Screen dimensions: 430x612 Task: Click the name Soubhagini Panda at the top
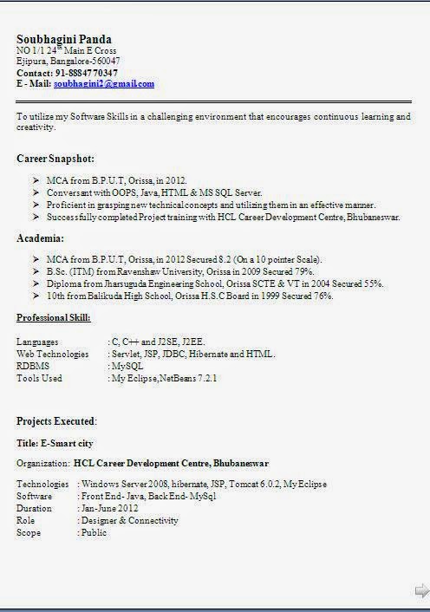click(x=64, y=40)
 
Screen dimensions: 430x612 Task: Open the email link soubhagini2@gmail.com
click(x=103, y=84)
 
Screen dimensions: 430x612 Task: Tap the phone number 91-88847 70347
click(x=87, y=73)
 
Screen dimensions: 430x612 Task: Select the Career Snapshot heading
click(x=55, y=159)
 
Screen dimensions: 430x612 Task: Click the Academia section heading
click(x=40, y=238)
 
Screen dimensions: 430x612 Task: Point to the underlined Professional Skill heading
click(x=53, y=319)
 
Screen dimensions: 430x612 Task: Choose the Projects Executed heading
click(x=56, y=421)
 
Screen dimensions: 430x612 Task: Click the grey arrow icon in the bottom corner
click(x=421, y=591)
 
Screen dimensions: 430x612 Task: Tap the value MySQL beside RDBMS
click(x=127, y=366)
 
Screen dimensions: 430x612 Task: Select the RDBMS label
click(x=33, y=366)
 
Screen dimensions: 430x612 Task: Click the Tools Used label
click(x=39, y=378)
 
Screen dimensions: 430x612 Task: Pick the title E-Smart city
click(x=59, y=442)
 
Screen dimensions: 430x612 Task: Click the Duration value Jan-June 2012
click(x=109, y=508)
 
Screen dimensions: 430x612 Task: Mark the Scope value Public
click(x=94, y=532)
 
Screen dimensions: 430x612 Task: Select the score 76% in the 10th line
click(x=322, y=296)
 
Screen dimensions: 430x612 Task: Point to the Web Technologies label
click(x=52, y=354)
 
